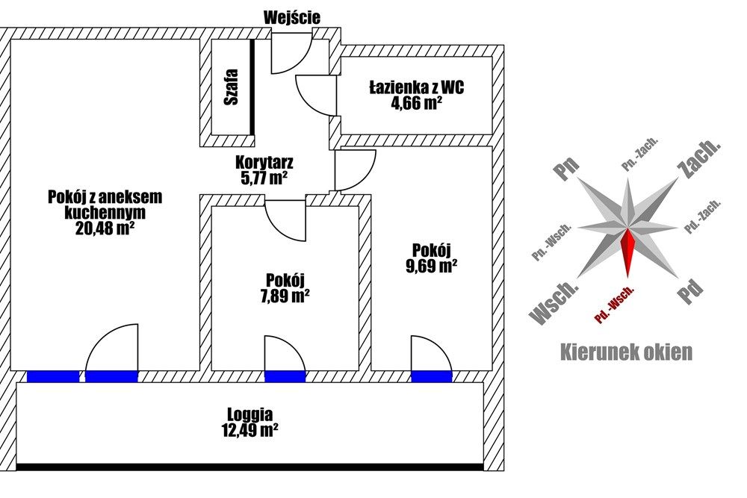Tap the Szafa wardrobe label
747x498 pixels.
[x=231, y=87]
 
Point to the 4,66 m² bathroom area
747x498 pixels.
[x=416, y=104]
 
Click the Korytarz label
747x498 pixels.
[x=264, y=162]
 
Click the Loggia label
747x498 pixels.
[x=250, y=414]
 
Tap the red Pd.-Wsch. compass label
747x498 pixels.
[x=615, y=307]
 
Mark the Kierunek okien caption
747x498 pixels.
[x=626, y=352]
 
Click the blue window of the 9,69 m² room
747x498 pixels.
[x=432, y=376]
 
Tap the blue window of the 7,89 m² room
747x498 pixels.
[x=285, y=376]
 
